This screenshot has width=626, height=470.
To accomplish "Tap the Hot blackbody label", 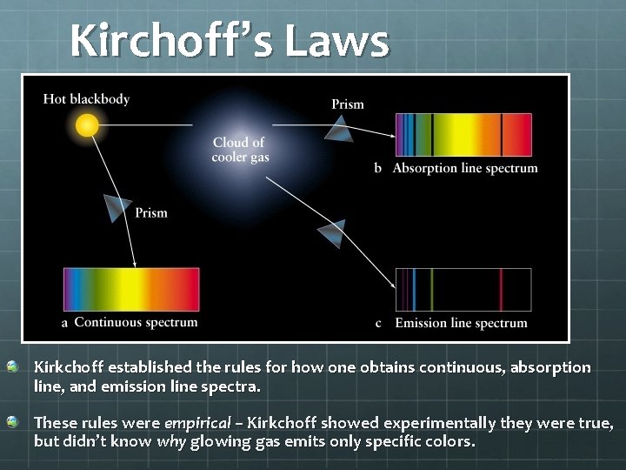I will coord(86,99).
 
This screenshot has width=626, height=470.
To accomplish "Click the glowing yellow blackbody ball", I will coord(86,126).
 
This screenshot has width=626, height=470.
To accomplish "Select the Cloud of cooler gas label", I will coord(239,150).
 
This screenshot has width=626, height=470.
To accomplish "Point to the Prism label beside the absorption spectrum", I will coord(348,104).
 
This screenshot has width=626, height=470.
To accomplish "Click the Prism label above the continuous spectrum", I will coord(151,213).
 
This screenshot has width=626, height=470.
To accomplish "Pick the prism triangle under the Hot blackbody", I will coord(117,207).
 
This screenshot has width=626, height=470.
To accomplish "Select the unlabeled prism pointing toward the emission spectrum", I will coord(331,233).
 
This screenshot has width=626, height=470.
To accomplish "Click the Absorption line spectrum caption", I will coord(465,168).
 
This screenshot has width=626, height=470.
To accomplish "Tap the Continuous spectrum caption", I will coord(136,323).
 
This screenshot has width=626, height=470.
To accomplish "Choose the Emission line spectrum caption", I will coord(461,323).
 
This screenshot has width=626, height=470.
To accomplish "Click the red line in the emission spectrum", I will coord(501,289).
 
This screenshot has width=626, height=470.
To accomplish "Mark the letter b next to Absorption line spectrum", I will coord(378,168).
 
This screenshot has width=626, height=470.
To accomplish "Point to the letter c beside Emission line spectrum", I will coord(378,323).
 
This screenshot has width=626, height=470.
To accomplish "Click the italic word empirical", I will coord(197,423).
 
